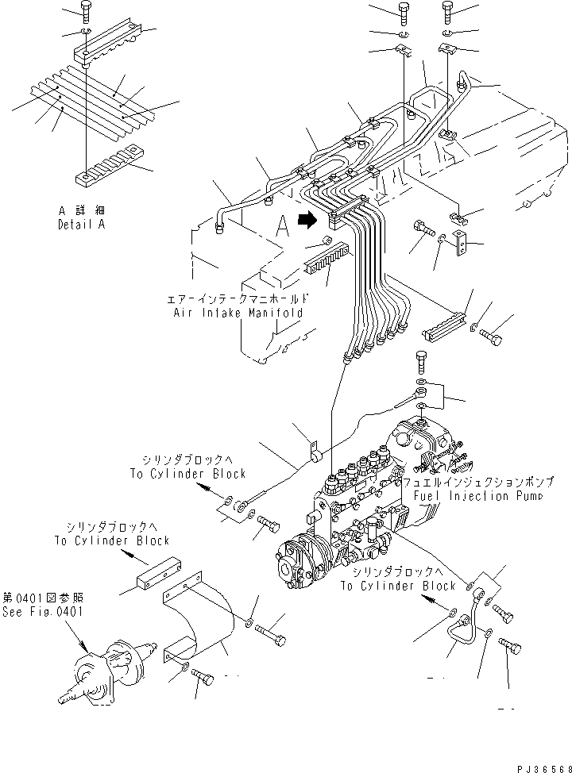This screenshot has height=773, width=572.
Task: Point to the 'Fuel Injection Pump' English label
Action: (x=477, y=496)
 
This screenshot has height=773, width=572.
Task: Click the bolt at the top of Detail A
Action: (x=86, y=10)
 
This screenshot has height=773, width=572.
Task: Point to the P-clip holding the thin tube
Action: (x=312, y=454)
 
